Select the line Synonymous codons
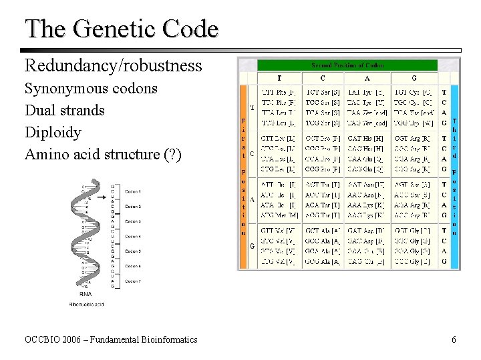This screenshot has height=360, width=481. [x=91, y=88]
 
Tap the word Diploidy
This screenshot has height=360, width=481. [x=53, y=132]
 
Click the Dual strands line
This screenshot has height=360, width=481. [x=65, y=110]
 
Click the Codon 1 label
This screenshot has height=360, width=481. [x=133, y=192]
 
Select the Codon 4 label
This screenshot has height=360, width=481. [x=133, y=236]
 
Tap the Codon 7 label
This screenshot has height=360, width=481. [x=133, y=281]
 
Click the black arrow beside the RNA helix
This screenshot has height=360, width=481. [x=102, y=197]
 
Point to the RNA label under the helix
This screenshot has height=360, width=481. [x=86, y=294]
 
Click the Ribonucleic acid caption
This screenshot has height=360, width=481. [x=86, y=304]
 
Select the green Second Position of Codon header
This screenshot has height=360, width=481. [x=347, y=65]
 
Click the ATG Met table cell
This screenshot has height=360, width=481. [x=279, y=215]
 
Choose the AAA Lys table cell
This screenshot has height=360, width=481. [x=365, y=205]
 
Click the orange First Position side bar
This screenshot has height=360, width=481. [x=243, y=177]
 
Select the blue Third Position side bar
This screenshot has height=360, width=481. [x=454, y=177]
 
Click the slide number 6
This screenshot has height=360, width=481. [x=454, y=339]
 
